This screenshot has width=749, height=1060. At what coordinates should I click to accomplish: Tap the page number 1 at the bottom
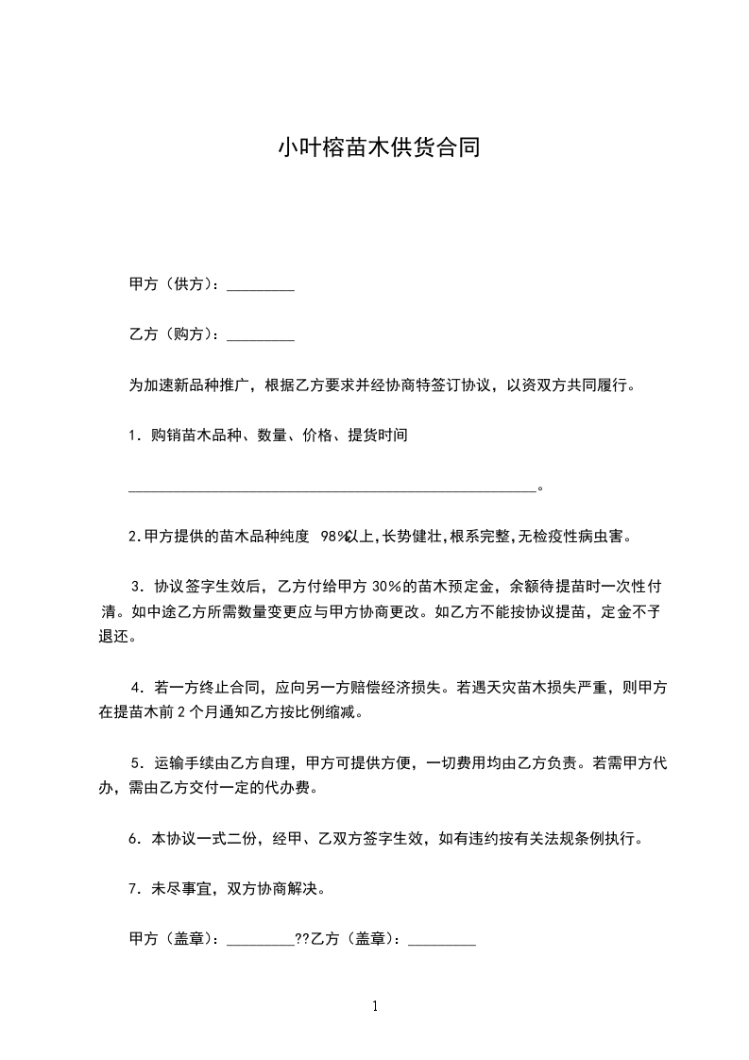tap(375, 1006)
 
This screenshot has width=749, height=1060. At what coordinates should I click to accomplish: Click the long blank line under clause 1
tap(332, 490)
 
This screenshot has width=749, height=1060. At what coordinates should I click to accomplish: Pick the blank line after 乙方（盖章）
tap(442, 942)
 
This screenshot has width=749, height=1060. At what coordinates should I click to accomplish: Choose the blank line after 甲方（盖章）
tap(262, 942)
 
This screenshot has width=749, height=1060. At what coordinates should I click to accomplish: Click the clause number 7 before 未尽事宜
tap(133, 888)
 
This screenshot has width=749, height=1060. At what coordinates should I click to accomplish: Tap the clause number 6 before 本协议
tap(133, 838)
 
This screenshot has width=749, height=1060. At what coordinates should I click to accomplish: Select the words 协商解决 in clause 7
tap(295, 888)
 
